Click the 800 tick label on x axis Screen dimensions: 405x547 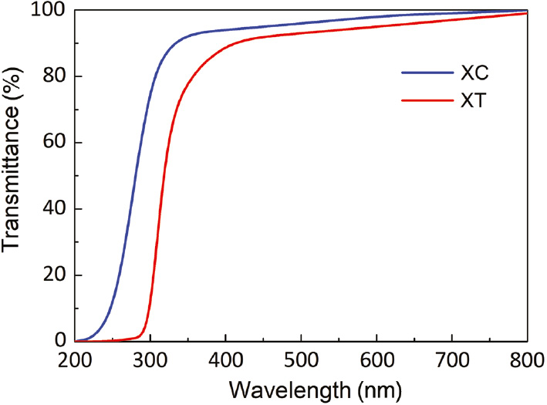point(525,359)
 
